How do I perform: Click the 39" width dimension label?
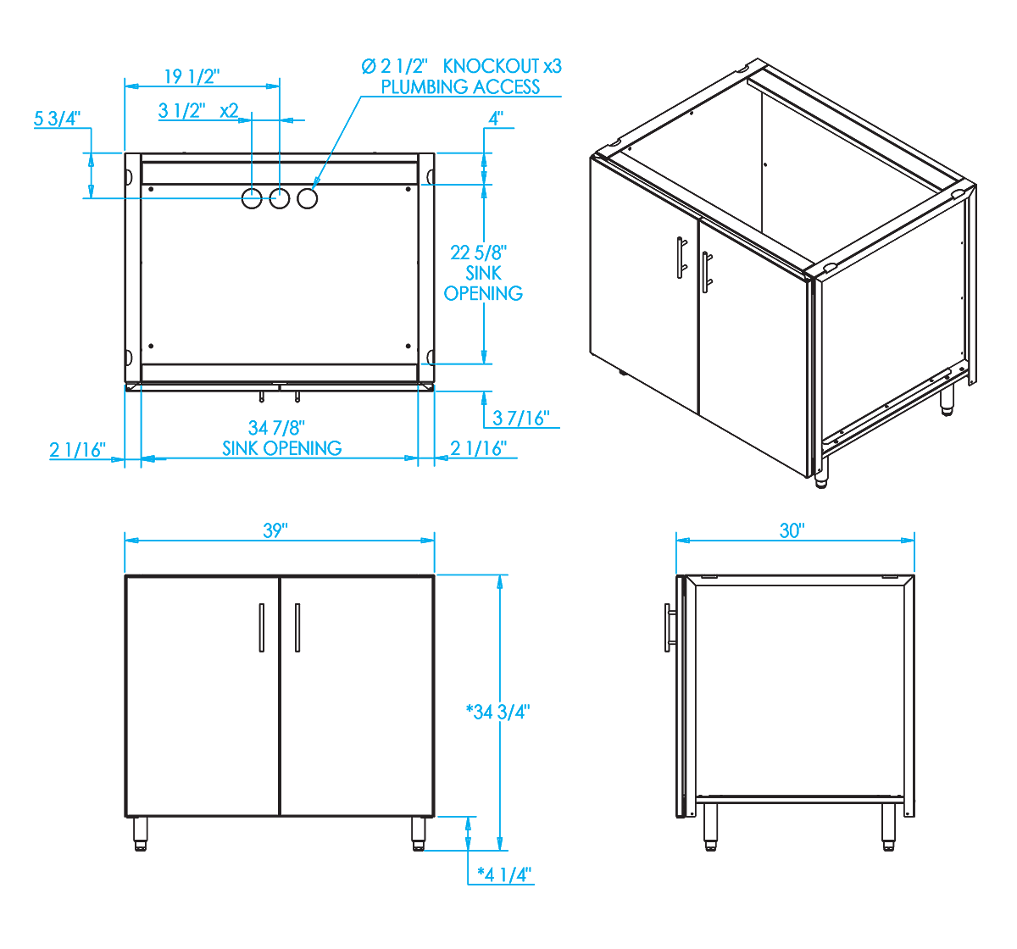coord(275,530)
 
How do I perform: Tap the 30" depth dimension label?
coord(792,530)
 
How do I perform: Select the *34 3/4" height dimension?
coord(497,712)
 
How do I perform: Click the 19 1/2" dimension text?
coord(192,77)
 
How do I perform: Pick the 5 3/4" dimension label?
coord(57,119)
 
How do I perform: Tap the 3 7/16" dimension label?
coord(521,418)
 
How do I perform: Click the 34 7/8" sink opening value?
coord(276,428)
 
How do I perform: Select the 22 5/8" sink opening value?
coord(478,253)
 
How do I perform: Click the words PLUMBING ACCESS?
coord(460,87)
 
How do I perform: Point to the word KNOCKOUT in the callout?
coord(491,66)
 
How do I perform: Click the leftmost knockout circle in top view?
coord(252,198)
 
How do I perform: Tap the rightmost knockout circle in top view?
coord(307,198)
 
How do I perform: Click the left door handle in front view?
coord(262,627)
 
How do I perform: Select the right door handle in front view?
coord(297,627)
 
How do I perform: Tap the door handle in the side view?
coord(670,627)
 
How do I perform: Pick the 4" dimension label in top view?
coord(495,119)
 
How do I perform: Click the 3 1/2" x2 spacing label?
coord(198,111)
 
